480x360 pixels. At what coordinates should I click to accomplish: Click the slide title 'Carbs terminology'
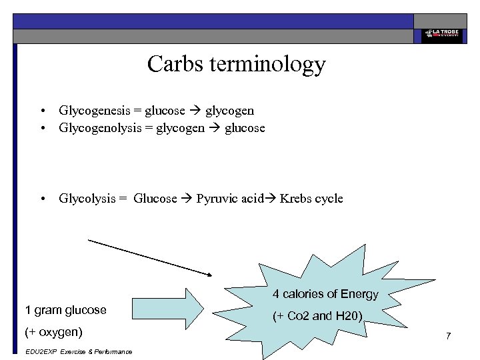click(x=236, y=65)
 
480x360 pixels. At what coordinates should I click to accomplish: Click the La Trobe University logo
click(x=440, y=34)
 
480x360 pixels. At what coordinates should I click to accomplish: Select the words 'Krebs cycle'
click(x=311, y=198)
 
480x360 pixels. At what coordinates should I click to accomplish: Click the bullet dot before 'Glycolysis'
click(x=42, y=199)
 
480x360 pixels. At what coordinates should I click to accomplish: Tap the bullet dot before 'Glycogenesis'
click(x=42, y=111)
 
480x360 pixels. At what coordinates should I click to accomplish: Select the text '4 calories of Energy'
click(x=325, y=294)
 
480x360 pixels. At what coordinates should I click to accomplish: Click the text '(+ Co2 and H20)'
click(x=317, y=316)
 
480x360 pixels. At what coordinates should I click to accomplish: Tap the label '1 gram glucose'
click(x=65, y=310)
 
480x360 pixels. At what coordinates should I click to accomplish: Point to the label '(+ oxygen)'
click(x=53, y=331)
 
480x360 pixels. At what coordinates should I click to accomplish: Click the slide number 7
click(x=449, y=336)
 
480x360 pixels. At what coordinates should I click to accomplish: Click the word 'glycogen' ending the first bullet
click(x=229, y=111)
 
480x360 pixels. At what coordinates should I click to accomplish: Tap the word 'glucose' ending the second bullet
click(x=245, y=127)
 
